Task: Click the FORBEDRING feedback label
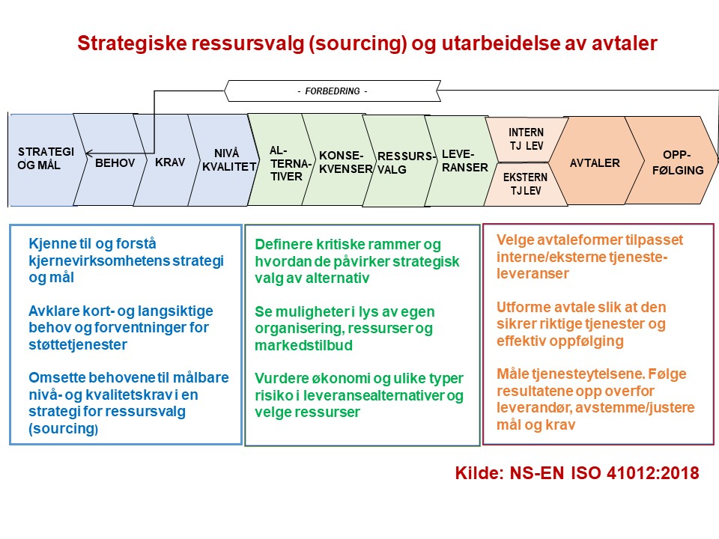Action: click(x=333, y=91)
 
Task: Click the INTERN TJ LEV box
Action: click(x=526, y=139)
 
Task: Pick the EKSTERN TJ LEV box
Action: click(x=526, y=184)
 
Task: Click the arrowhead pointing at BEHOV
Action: click(x=89, y=153)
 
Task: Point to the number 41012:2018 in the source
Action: click(x=653, y=473)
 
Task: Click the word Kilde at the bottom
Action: click(x=479, y=473)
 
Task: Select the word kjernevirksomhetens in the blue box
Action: click(x=99, y=261)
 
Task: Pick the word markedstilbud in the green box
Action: click(x=303, y=345)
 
